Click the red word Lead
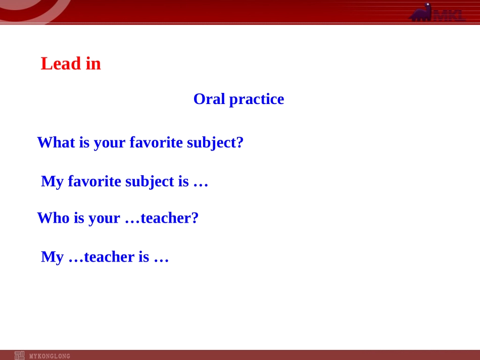(x=61, y=64)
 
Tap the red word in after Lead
(x=93, y=64)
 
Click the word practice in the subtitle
(x=257, y=99)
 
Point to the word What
(x=56, y=142)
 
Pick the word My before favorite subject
(x=53, y=182)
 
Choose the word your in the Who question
(x=105, y=219)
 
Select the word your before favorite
(x=110, y=143)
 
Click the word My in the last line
(x=53, y=257)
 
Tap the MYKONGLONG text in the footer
(x=50, y=356)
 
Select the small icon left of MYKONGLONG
(x=19, y=355)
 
